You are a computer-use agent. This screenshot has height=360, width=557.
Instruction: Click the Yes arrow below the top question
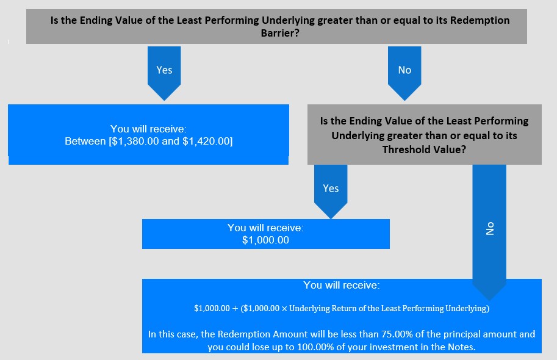(x=164, y=73)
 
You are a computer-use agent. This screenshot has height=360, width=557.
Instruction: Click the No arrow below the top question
(x=404, y=73)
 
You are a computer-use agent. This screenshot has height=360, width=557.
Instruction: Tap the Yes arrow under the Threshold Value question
(x=331, y=191)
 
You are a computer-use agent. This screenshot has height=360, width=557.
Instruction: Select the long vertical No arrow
(x=489, y=232)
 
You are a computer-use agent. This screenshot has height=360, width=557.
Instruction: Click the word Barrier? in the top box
(x=280, y=33)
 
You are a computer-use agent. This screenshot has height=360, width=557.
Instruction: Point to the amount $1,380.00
(x=135, y=141)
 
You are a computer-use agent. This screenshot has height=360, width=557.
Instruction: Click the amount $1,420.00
(x=206, y=141)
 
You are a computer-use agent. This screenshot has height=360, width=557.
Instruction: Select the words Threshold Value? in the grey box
(x=424, y=149)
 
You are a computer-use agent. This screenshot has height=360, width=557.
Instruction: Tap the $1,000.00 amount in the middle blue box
(x=266, y=240)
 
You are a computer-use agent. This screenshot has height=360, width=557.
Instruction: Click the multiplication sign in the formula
(x=284, y=309)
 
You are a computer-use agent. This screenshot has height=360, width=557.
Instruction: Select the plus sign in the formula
(x=235, y=309)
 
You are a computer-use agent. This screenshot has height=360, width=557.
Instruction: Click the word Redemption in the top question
(x=480, y=20)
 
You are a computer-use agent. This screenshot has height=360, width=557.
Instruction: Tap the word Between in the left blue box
(x=85, y=141)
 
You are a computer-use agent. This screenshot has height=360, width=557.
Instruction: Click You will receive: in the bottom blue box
(x=342, y=285)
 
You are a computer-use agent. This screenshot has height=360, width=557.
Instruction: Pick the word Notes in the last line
(x=461, y=347)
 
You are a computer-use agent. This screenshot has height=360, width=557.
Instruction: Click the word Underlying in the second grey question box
(x=358, y=135)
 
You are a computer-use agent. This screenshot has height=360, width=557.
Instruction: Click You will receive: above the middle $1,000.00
(x=266, y=228)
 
